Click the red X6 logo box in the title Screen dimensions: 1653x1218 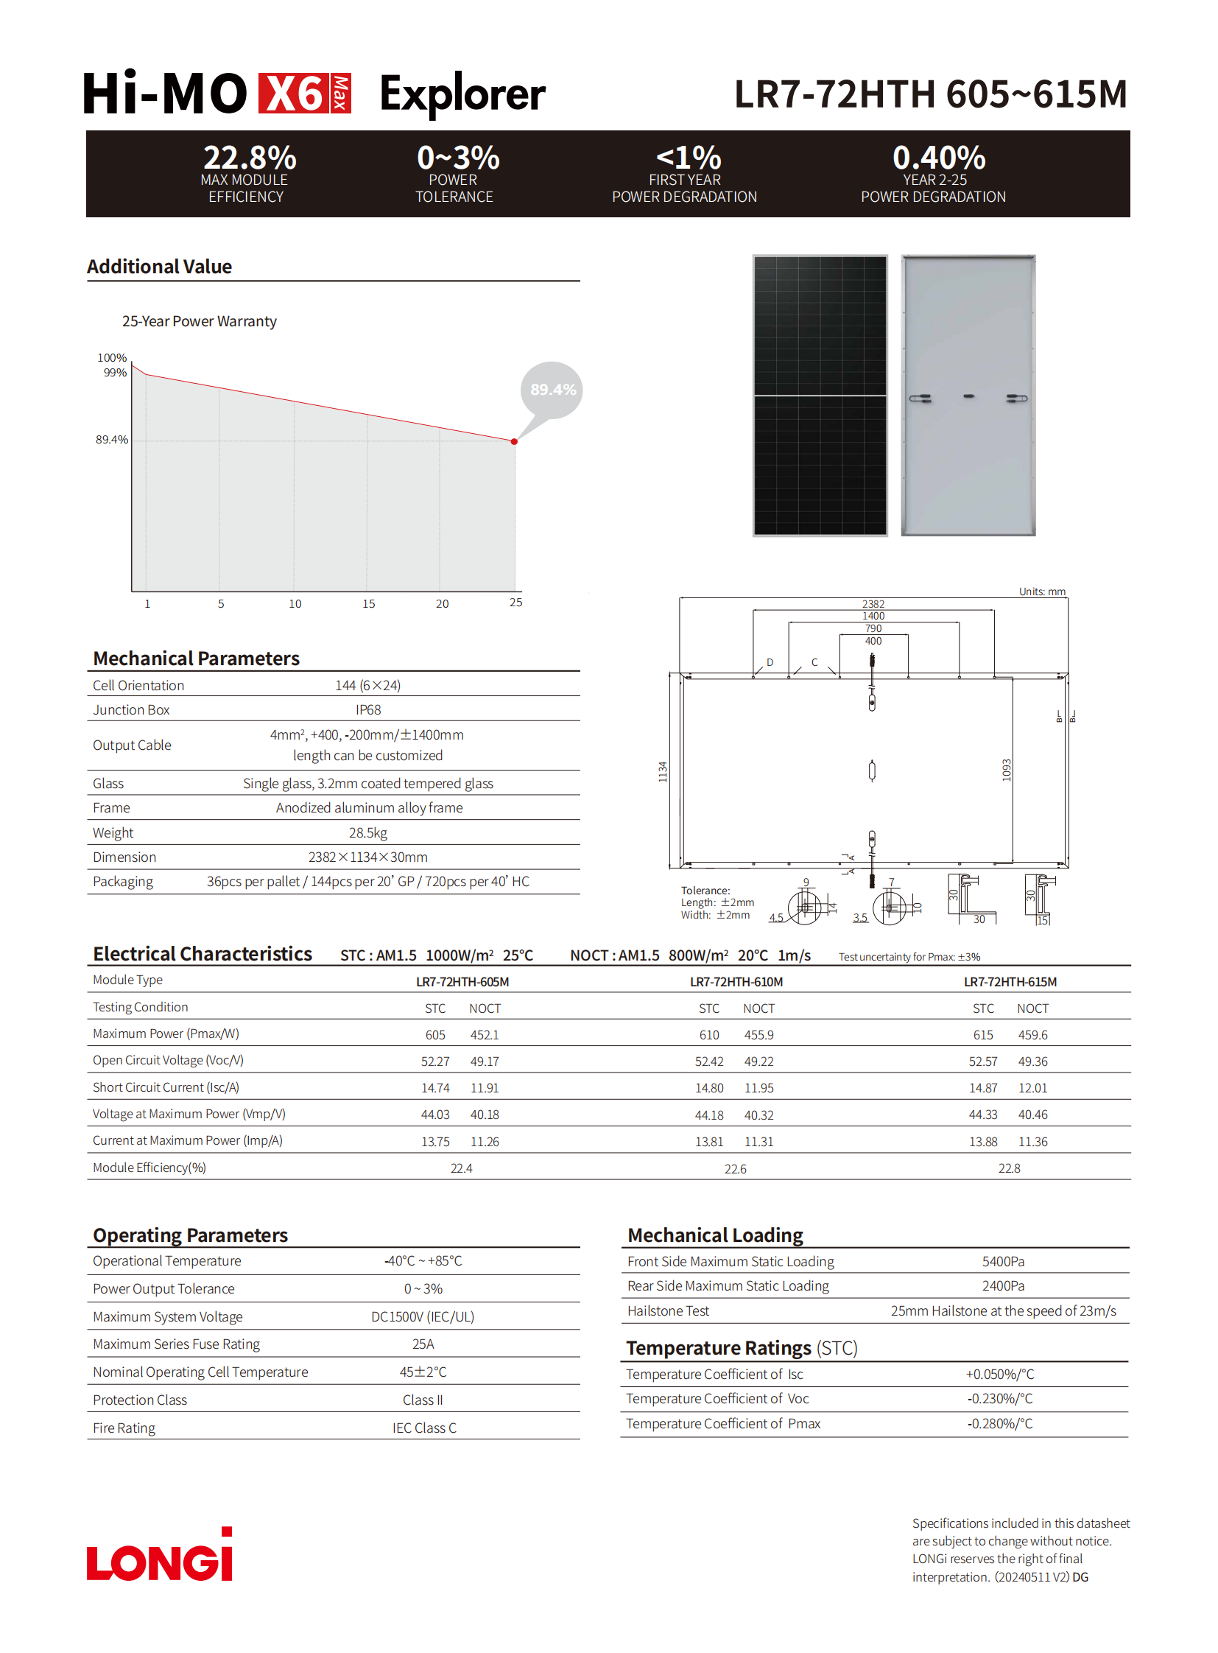pyautogui.click(x=303, y=94)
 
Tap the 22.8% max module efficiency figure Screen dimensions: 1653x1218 pyautogui.click(x=249, y=158)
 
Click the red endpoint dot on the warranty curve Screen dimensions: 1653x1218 pyautogui.click(x=514, y=442)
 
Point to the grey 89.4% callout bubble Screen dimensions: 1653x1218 pyautogui.click(x=552, y=390)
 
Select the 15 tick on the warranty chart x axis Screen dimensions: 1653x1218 pyautogui.click(x=369, y=603)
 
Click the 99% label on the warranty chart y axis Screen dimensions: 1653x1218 pyautogui.click(x=115, y=373)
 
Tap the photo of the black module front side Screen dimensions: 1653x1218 pyautogui.click(x=820, y=396)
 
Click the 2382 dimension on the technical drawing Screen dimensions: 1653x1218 pyautogui.click(x=873, y=603)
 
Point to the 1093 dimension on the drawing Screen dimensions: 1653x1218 pyautogui.click(x=1007, y=769)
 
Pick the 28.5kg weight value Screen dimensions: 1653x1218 pyautogui.click(x=368, y=833)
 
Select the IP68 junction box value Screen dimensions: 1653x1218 pyautogui.click(x=368, y=709)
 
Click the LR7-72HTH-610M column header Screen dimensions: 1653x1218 pyautogui.click(x=736, y=982)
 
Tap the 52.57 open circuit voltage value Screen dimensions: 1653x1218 pyautogui.click(x=982, y=1061)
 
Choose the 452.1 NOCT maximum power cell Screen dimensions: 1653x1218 pyautogui.click(x=485, y=1035)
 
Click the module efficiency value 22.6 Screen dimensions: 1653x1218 pyautogui.click(x=735, y=1168)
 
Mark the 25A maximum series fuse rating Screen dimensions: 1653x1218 pyautogui.click(x=423, y=1344)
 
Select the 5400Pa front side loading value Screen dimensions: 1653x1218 pyautogui.click(x=1003, y=1261)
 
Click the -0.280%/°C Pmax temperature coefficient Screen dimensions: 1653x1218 pyautogui.click(x=1000, y=1423)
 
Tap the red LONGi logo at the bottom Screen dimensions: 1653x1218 pyautogui.click(x=159, y=1556)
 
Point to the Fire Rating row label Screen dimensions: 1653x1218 pyautogui.click(x=124, y=1428)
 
